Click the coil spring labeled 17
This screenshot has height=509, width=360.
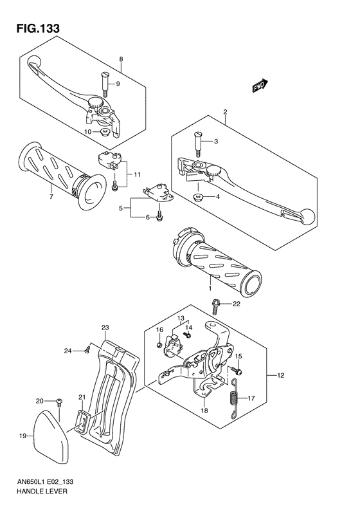[x=235, y=398]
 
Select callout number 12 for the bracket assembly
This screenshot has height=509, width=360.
[x=280, y=375]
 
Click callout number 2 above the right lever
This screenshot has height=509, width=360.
[x=225, y=112]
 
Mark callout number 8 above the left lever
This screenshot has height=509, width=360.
[x=120, y=59]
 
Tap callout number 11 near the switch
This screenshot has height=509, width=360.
[x=138, y=174]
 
